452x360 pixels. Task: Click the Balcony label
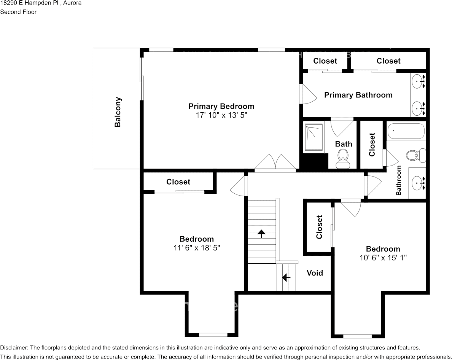(x=118, y=112)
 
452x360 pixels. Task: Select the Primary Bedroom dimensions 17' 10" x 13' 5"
(x=221, y=115)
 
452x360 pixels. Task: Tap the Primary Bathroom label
(x=358, y=95)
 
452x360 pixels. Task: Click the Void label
(x=315, y=273)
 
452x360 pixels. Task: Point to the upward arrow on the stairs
(x=261, y=233)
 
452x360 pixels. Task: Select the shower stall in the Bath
(x=314, y=136)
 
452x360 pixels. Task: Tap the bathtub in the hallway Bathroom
(x=406, y=132)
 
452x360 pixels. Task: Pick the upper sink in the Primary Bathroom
(x=419, y=81)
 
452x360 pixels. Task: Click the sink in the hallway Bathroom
(x=419, y=183)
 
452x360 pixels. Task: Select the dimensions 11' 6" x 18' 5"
(x=197, y=248)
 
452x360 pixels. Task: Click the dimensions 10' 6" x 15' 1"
(x=383, y=258)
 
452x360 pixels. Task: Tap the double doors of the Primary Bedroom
(x=275, y=163)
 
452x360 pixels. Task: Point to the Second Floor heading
(x=18, y=12)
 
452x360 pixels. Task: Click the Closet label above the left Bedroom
(x=178, y=182)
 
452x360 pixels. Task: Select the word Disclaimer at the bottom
(x=14, y=348)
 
